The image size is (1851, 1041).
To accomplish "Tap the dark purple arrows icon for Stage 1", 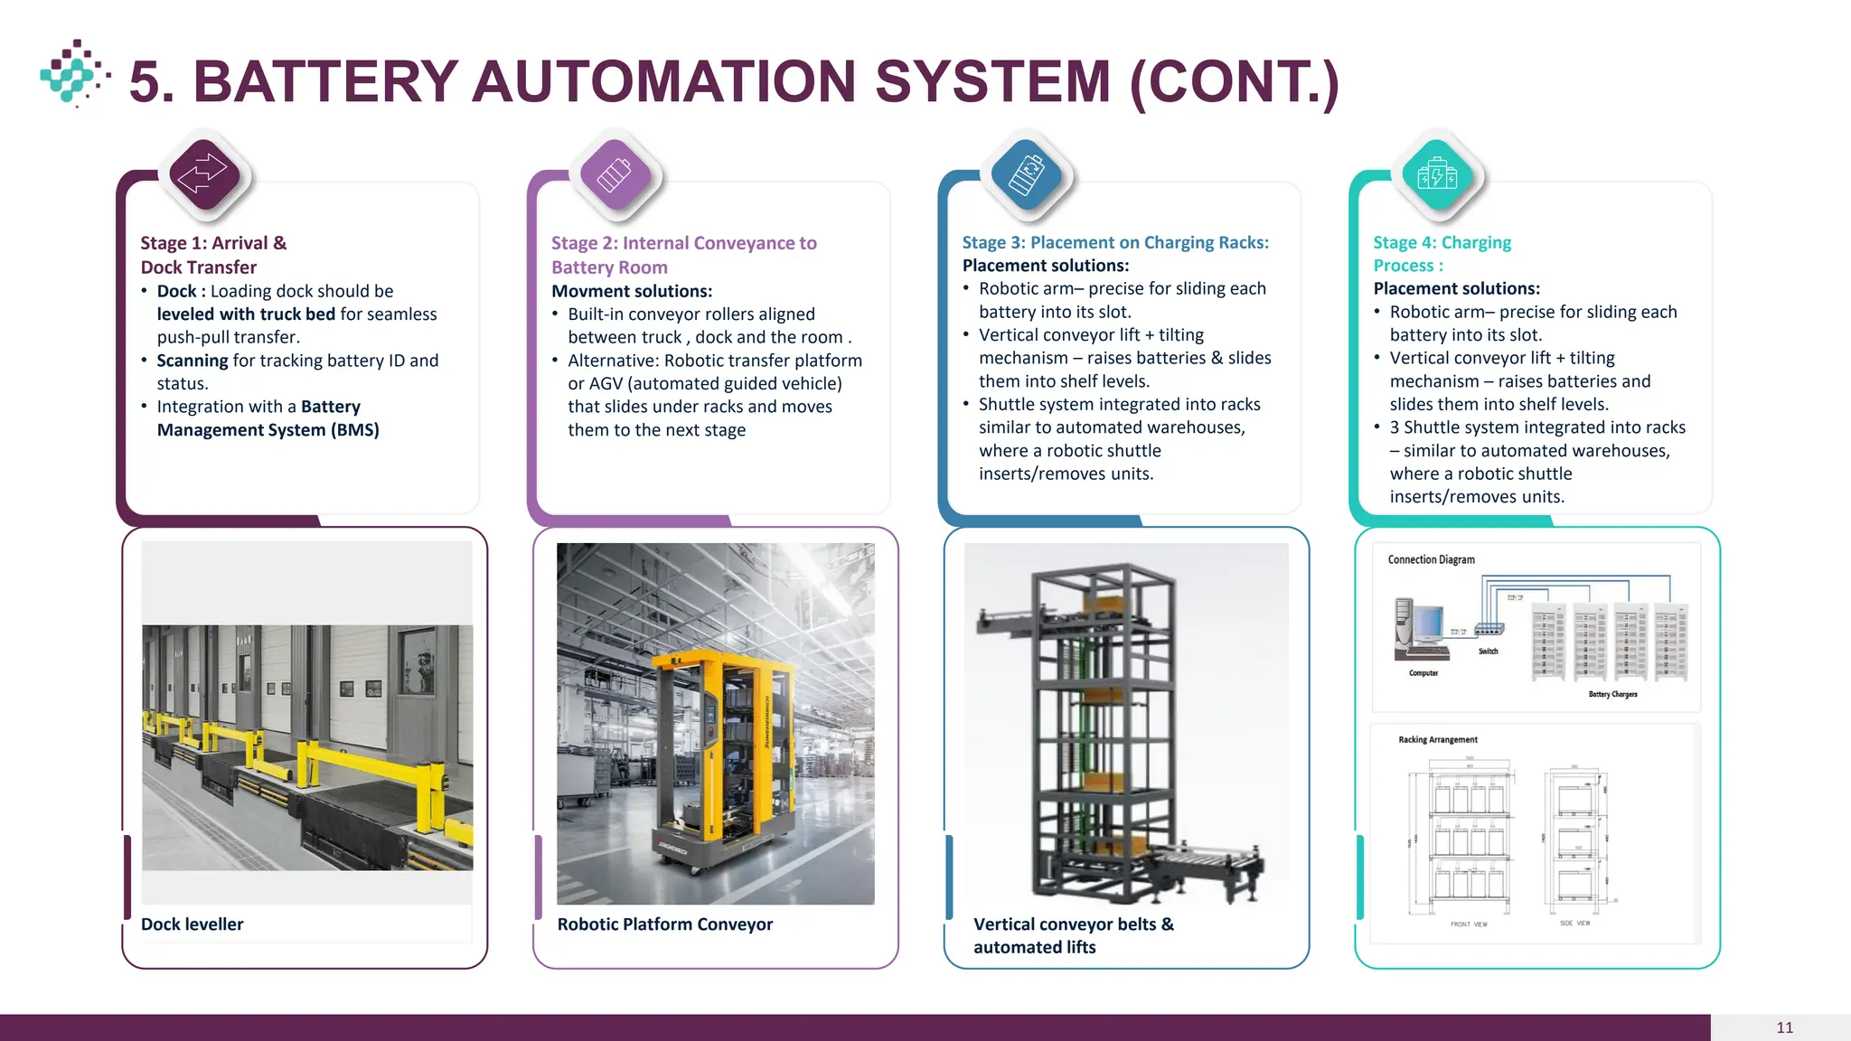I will tap(203, 173).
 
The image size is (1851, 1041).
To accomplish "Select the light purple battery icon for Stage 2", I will tap(615, 173).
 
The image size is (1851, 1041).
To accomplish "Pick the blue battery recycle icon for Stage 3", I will tap(1026, 173).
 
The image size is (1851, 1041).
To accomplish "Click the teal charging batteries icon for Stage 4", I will tap(1437, 173).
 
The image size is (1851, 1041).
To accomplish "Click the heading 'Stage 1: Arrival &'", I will tap(213, 243).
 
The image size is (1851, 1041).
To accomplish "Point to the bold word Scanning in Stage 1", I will tap(193, 361).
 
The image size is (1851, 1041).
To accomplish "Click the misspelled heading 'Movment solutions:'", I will tap(632, 291).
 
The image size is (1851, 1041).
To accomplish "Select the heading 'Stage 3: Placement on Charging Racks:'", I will tap(1115, 242).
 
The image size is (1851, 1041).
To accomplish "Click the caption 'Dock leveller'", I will tap(192, 924).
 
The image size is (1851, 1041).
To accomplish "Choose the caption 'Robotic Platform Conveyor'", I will tap(664, 924).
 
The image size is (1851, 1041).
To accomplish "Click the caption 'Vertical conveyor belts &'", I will tap(1074, 924).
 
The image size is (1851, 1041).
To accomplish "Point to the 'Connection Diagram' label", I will tap(1431, 560).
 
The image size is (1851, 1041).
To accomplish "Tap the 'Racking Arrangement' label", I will tap(1437, 740).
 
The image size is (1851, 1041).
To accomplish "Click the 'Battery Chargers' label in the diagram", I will tap(1612, 695).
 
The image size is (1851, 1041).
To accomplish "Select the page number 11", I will tap(1784, 1027).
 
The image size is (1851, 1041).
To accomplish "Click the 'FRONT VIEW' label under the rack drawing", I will tap(1469, 924).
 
